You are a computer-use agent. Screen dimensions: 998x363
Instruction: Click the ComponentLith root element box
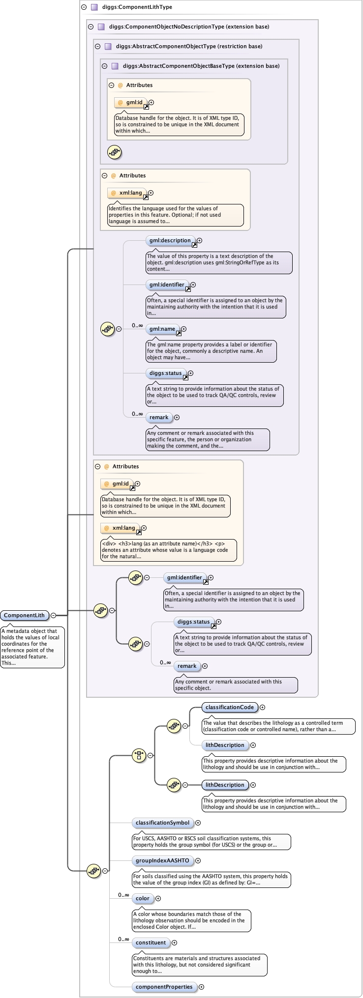coord(24,615)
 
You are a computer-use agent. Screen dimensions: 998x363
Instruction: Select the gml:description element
coord(170,240)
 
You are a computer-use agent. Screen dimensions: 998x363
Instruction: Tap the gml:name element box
coord(162,329)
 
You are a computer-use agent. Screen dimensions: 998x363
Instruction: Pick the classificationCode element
coord(229,707)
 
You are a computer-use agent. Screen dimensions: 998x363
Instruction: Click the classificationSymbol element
coord(162,823)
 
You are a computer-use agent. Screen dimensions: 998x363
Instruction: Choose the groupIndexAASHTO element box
coord(162,860)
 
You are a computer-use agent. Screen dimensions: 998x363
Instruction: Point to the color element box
coord(143,898)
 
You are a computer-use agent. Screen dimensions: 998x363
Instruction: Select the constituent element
coord(151,942)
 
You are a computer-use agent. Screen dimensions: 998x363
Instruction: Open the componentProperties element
coord(164,987)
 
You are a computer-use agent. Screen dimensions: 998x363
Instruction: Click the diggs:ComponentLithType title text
coord(137,7)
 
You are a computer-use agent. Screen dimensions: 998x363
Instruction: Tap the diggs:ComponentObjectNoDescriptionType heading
coord(189,27)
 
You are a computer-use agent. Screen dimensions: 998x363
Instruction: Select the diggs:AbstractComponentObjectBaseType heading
coord(201,66)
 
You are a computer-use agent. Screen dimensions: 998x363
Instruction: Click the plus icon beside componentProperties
coord(201,987)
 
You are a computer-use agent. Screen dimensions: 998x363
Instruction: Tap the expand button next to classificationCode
coord(263,707)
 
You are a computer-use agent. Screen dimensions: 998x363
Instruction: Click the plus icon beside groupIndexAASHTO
coord(198,860)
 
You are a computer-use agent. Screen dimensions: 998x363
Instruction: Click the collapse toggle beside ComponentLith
coord(53,615)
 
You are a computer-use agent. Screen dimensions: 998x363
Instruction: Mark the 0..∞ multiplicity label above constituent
coord(123,939)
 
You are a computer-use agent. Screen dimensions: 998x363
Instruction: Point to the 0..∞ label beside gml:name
coord(137,325)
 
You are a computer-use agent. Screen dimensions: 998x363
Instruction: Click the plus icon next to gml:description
coord(199,241)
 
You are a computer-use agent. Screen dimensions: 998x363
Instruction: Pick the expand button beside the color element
coord(158,898)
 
